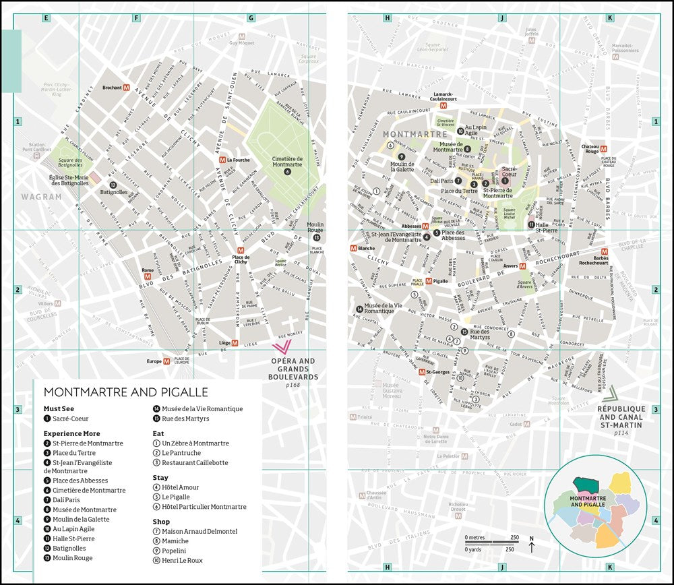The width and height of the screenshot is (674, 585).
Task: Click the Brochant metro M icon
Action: [x=127, y=88]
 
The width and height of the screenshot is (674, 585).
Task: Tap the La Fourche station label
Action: [x=239, y=160]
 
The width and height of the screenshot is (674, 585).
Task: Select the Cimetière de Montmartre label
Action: [x=287, y=162]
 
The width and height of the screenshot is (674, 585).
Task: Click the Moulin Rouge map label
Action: [x=315, y=228]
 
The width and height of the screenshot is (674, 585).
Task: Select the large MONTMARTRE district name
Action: [x=406, y=134]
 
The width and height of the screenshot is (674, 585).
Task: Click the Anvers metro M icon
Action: [x=522, y=266]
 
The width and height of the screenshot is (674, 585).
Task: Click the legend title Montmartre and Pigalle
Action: [x=126, y=392]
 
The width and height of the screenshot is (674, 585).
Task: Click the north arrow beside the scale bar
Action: [x=532, y=545]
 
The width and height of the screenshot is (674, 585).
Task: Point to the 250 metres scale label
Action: [x=515, y=536]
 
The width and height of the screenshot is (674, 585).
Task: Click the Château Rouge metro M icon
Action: [x=604, y=148]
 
